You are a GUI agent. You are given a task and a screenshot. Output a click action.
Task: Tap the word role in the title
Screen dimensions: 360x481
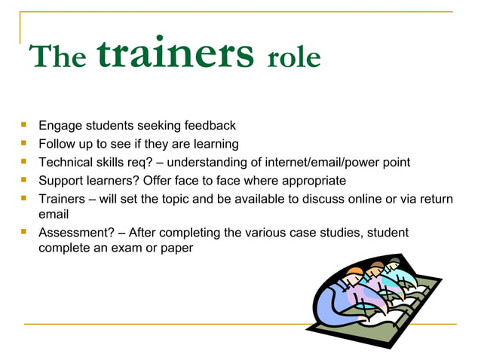point(294,57)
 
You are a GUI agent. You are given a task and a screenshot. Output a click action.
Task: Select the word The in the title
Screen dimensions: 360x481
point(57,57)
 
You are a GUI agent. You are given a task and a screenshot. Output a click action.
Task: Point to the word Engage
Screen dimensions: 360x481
point(60,126)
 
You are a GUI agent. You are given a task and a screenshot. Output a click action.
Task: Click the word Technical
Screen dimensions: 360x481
point(66,163)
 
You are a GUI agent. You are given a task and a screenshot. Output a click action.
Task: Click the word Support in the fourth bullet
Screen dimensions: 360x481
point(62,181)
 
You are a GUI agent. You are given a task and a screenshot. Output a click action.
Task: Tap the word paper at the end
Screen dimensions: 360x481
point(176,249)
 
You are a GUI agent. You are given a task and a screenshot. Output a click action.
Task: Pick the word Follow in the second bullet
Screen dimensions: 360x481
point(57,144)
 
